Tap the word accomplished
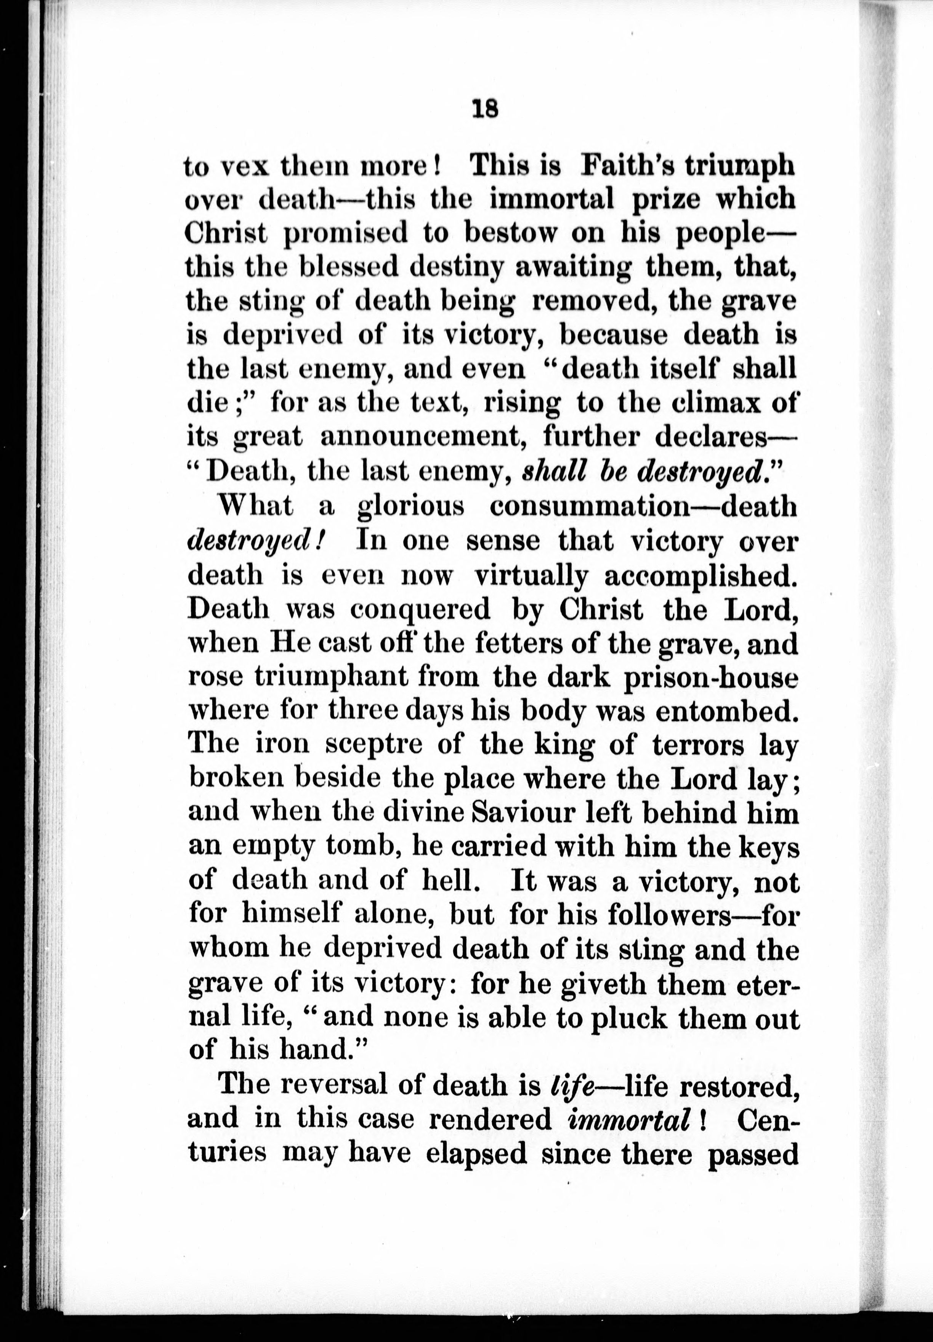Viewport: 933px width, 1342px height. coord(700,577)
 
